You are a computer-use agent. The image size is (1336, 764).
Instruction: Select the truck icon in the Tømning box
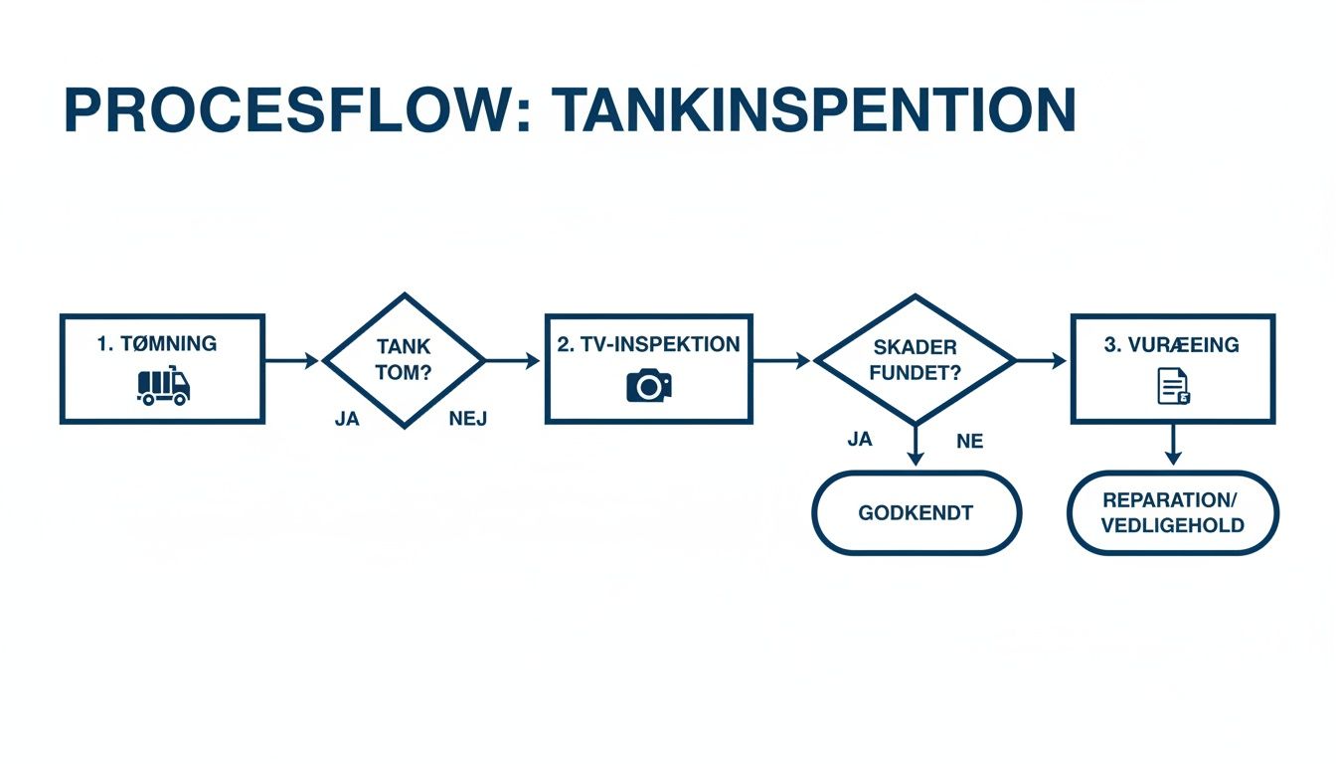point(163,386)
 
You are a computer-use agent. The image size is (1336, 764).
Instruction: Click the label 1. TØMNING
point(157,344)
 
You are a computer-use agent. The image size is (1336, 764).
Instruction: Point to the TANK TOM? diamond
point(404,361)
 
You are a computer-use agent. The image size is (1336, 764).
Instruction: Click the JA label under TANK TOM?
point(347,419)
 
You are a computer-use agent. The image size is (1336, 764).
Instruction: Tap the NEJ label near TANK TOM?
point(468,419)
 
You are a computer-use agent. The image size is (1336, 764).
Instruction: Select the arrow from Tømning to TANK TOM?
point(292,361)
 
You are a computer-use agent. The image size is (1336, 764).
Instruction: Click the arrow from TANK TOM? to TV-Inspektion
point(513,361)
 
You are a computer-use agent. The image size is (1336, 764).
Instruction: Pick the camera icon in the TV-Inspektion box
point(648,385)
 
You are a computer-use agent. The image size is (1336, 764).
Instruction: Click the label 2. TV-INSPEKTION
point(648,345)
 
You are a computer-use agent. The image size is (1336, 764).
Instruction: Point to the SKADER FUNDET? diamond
point(915,361)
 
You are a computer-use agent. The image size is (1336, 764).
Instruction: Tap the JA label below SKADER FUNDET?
point(860,439)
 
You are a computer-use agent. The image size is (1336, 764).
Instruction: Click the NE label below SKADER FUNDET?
point(969,441)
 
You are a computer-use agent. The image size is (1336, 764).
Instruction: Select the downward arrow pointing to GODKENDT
point(916,445)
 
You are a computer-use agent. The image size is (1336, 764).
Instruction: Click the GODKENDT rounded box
point(917,513)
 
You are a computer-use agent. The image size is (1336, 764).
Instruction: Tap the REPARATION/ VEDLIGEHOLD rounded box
point(1173,512)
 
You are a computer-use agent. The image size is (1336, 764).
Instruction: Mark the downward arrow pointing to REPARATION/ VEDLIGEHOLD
point(1173,445)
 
